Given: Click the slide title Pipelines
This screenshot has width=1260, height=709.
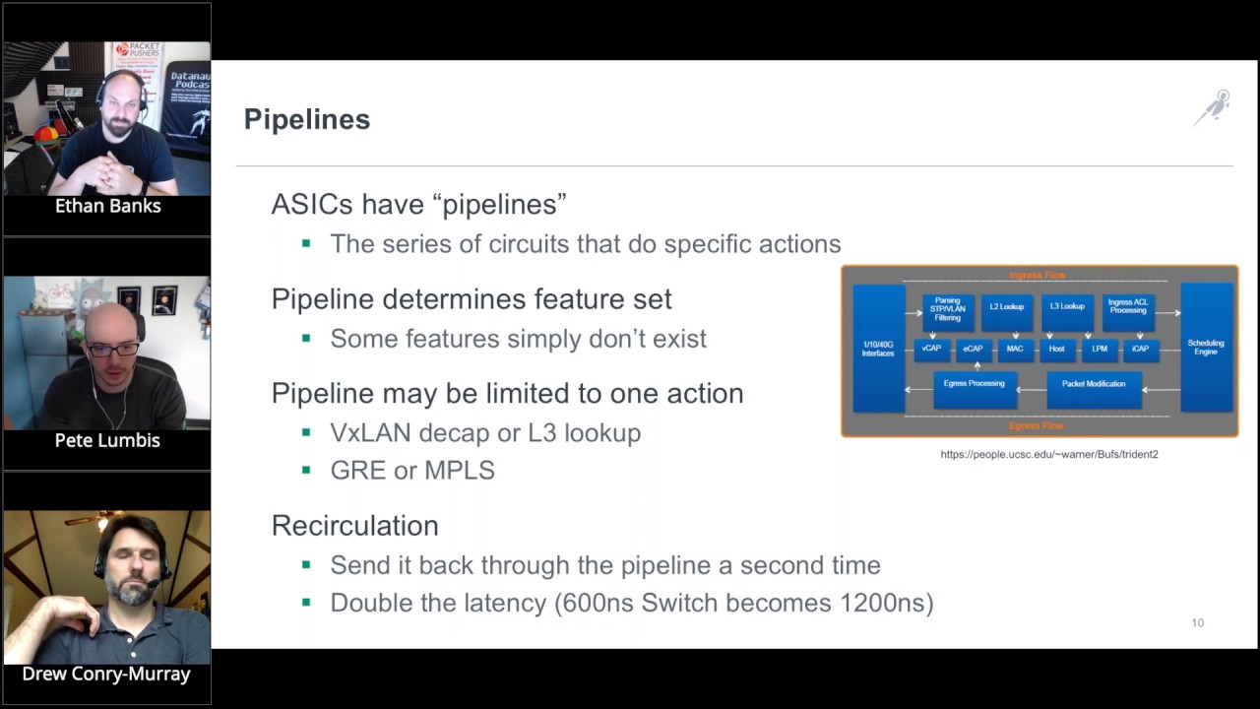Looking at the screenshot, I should point(306,119).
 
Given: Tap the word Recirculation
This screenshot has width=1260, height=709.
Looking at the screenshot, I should point(354,525).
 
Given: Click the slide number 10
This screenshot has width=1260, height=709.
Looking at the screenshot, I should point(1197,622).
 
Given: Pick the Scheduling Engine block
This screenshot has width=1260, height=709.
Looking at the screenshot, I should point(1206,348).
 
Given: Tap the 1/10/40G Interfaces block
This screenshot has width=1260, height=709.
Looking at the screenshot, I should point(878,349).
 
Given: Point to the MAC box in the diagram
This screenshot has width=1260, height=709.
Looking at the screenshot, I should point(1014,349).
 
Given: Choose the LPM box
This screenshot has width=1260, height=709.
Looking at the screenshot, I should point(1099,349).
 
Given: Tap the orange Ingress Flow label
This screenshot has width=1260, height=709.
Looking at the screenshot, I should point(1037,276).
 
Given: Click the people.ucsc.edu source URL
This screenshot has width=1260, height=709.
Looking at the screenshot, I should point(1048,454).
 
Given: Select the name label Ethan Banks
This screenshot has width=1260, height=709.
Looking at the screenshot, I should point(107,206).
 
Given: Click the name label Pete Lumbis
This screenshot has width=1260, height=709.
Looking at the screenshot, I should point(107,440).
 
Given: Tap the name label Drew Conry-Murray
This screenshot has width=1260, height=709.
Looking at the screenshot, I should point(107,674).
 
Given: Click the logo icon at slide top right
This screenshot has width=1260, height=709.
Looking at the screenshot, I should point(1213,107).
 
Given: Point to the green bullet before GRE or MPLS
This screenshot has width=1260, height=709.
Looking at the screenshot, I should point(306,471).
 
